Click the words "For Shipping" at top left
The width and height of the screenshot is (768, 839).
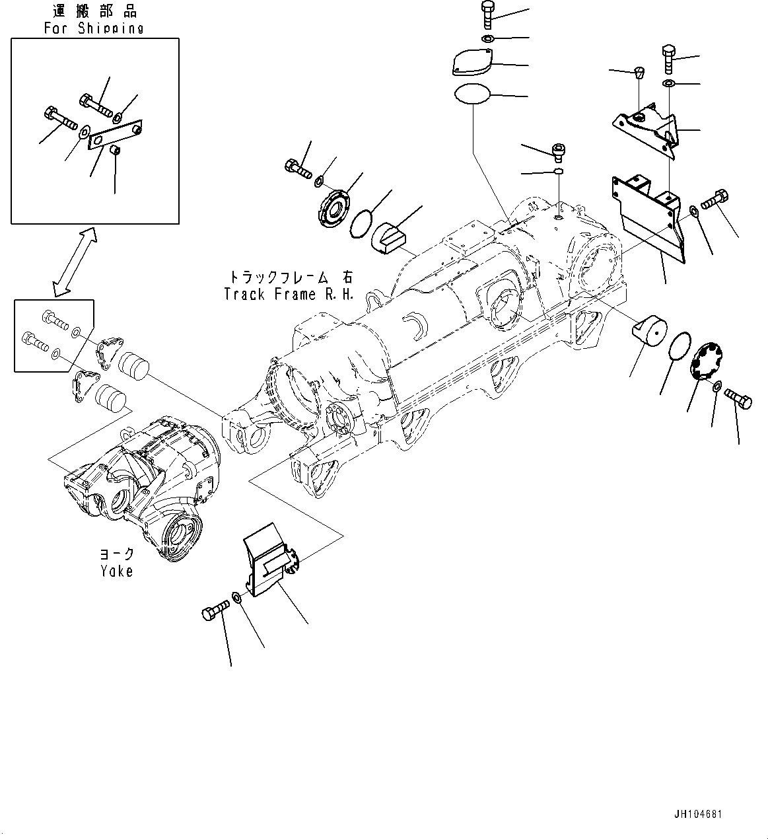tap(94, 28)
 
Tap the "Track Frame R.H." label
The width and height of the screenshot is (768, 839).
tap(289, 294)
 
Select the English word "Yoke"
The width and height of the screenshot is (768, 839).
tap(117, 571)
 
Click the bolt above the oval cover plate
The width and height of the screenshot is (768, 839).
tap(487, 15)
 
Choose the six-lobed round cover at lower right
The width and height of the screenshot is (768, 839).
tap(707, 360)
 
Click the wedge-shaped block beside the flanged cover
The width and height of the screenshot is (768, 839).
tap(390, 237)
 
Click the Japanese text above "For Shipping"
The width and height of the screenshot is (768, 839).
tap(94, 11)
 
